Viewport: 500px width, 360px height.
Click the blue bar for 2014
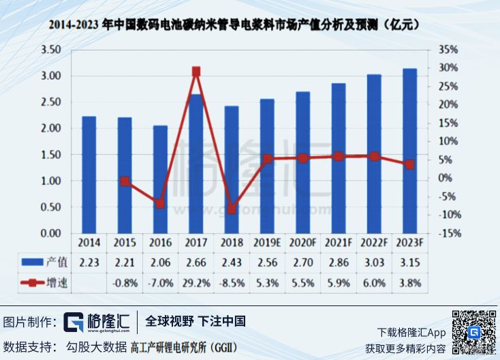point(89,175)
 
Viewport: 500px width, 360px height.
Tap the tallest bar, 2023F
point(409,151)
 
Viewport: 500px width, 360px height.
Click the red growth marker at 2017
point(196,71)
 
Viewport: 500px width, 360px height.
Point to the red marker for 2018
point(232,209)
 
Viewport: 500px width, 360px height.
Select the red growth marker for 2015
point(125,181)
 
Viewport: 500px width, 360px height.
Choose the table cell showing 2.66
point(196,262)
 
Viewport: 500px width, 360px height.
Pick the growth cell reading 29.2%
point(196,282)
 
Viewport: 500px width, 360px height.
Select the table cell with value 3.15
point(409,262)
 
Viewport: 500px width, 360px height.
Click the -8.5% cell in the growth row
point(232,282)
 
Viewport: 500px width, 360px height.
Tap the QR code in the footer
point(473,331)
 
